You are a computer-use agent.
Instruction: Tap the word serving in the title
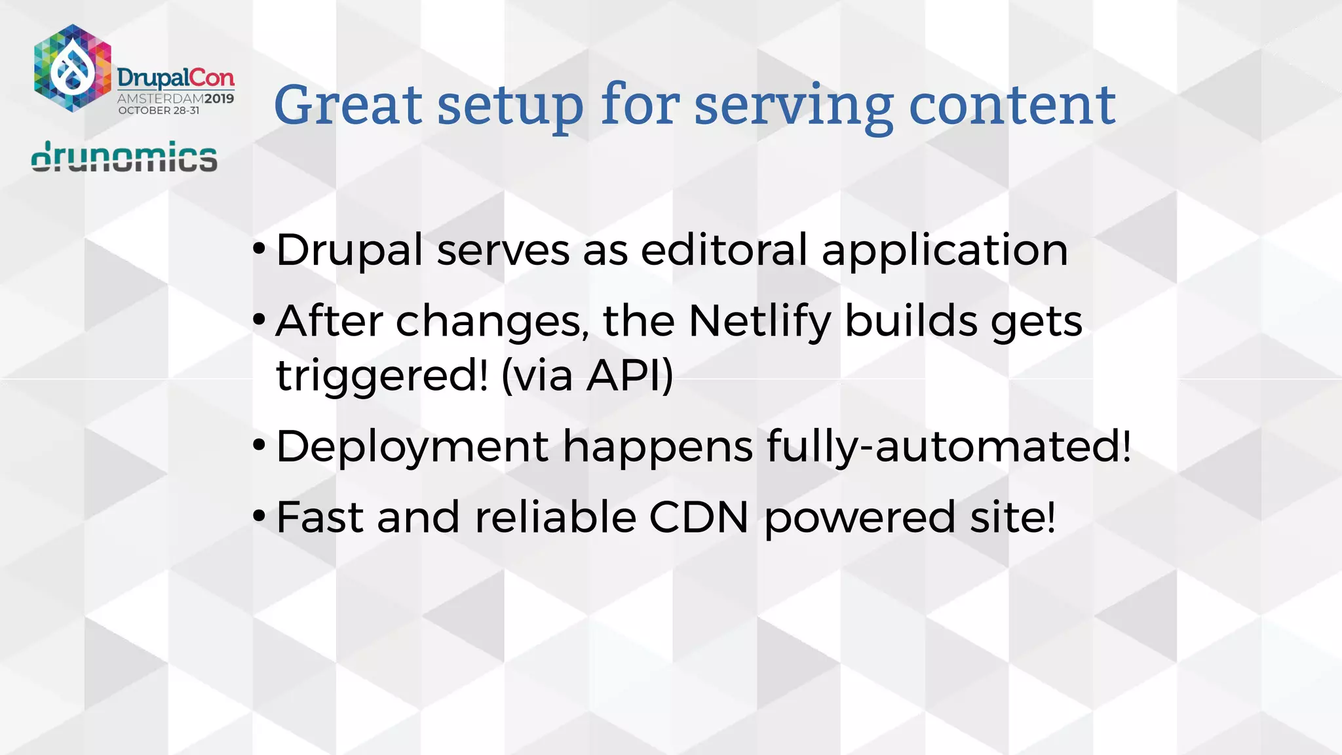(x=793, y=106)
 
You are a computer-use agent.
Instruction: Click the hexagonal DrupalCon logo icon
(x=72, y=68)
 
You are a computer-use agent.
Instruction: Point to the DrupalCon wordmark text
(x=176, y=79)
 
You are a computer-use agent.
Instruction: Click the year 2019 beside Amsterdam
(x=219, y=99)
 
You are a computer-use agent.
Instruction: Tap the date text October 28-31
(x=159, y=111)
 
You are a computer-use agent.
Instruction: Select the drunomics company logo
(x=124, y=157)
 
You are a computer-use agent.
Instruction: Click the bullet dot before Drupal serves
(x=259, y=248)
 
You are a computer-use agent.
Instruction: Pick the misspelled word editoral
(x=723, y=250)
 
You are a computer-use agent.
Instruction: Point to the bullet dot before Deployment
(x=259, y=445)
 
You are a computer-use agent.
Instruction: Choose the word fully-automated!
(x=948, y=446)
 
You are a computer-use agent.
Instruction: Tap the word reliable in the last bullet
(x=556, y=517)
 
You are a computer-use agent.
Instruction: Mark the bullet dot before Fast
(x=259, y=516)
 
